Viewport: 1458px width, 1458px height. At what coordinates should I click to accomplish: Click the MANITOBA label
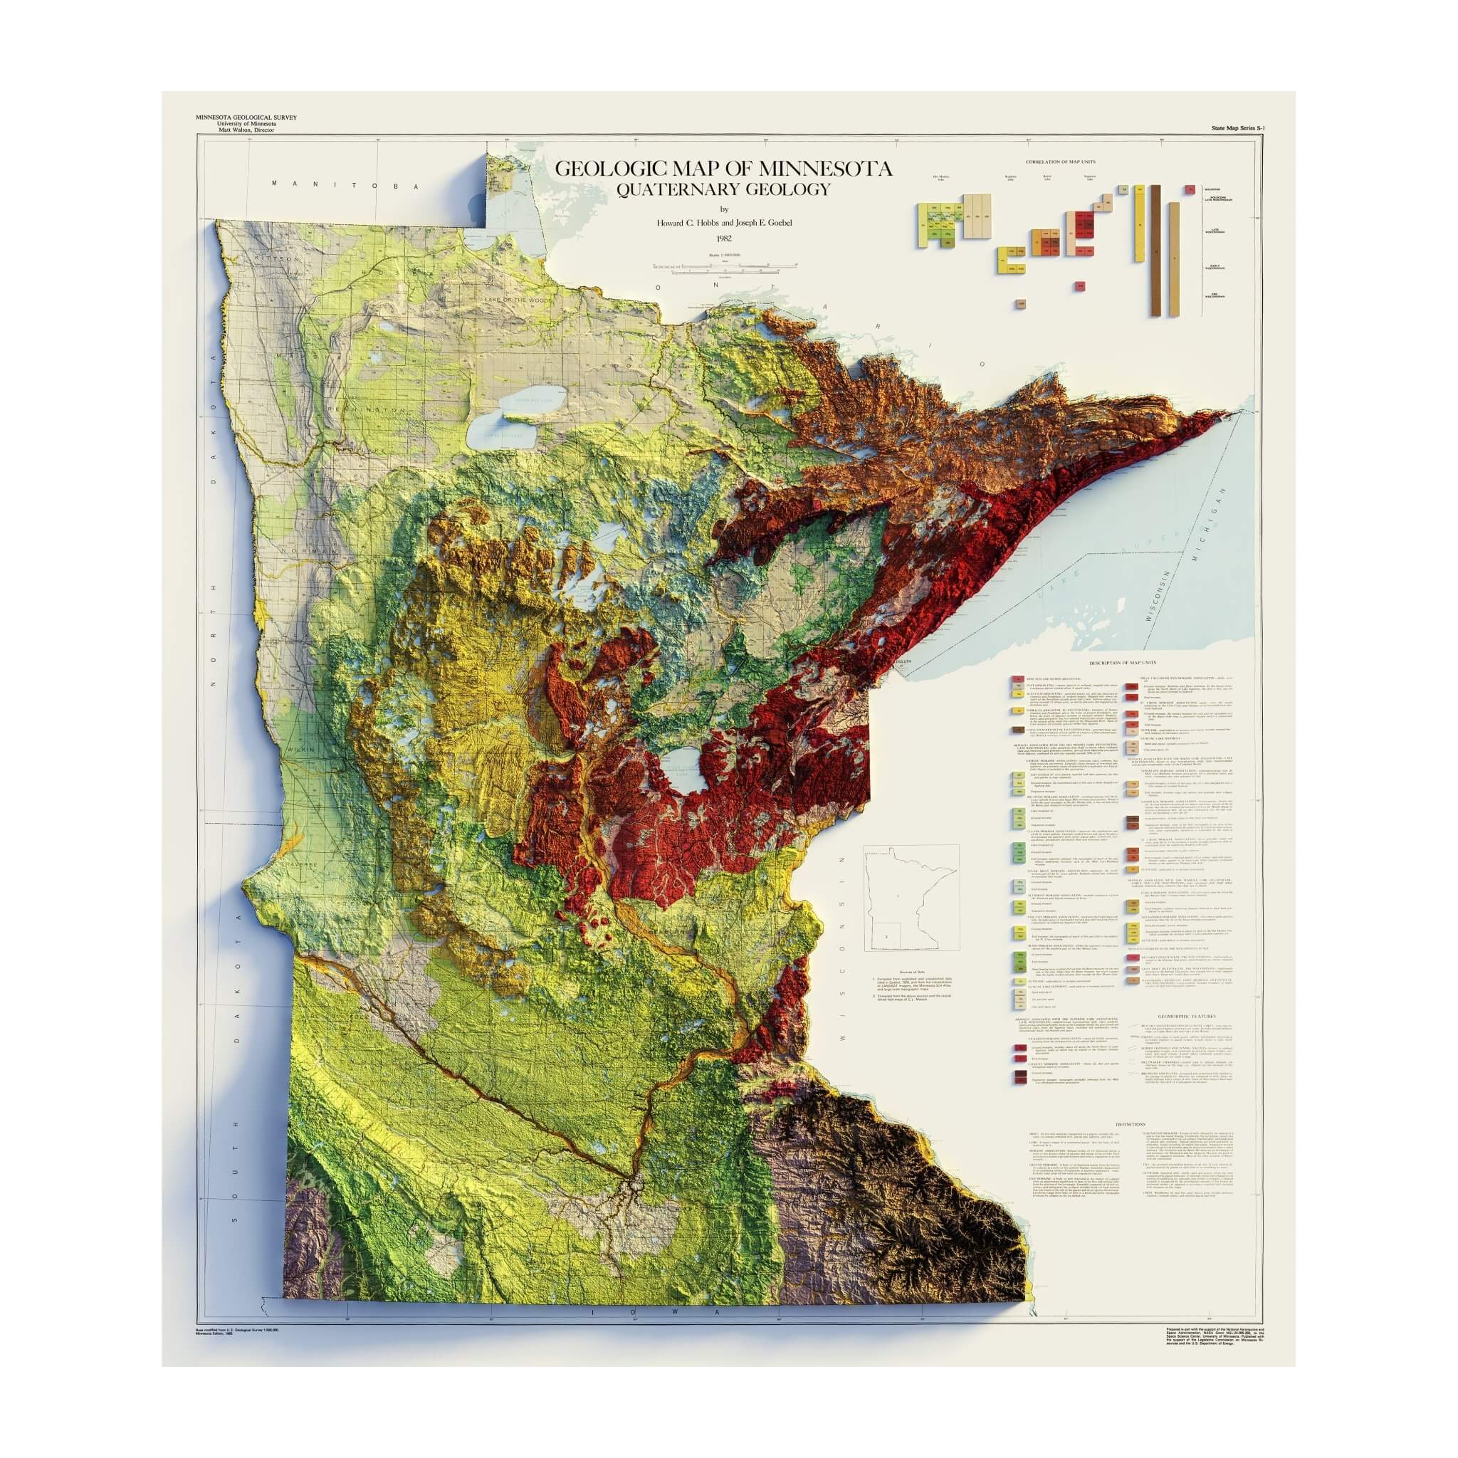[x=347, y=185]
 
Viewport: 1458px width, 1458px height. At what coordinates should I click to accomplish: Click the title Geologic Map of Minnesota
[x=723, y=168]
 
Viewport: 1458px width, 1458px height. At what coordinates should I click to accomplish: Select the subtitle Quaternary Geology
[x=723, y=189]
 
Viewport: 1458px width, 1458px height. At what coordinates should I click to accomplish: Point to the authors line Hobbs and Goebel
[x=723, y=222]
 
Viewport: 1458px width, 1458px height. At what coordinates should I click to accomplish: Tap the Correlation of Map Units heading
[x=1060, y=162]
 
